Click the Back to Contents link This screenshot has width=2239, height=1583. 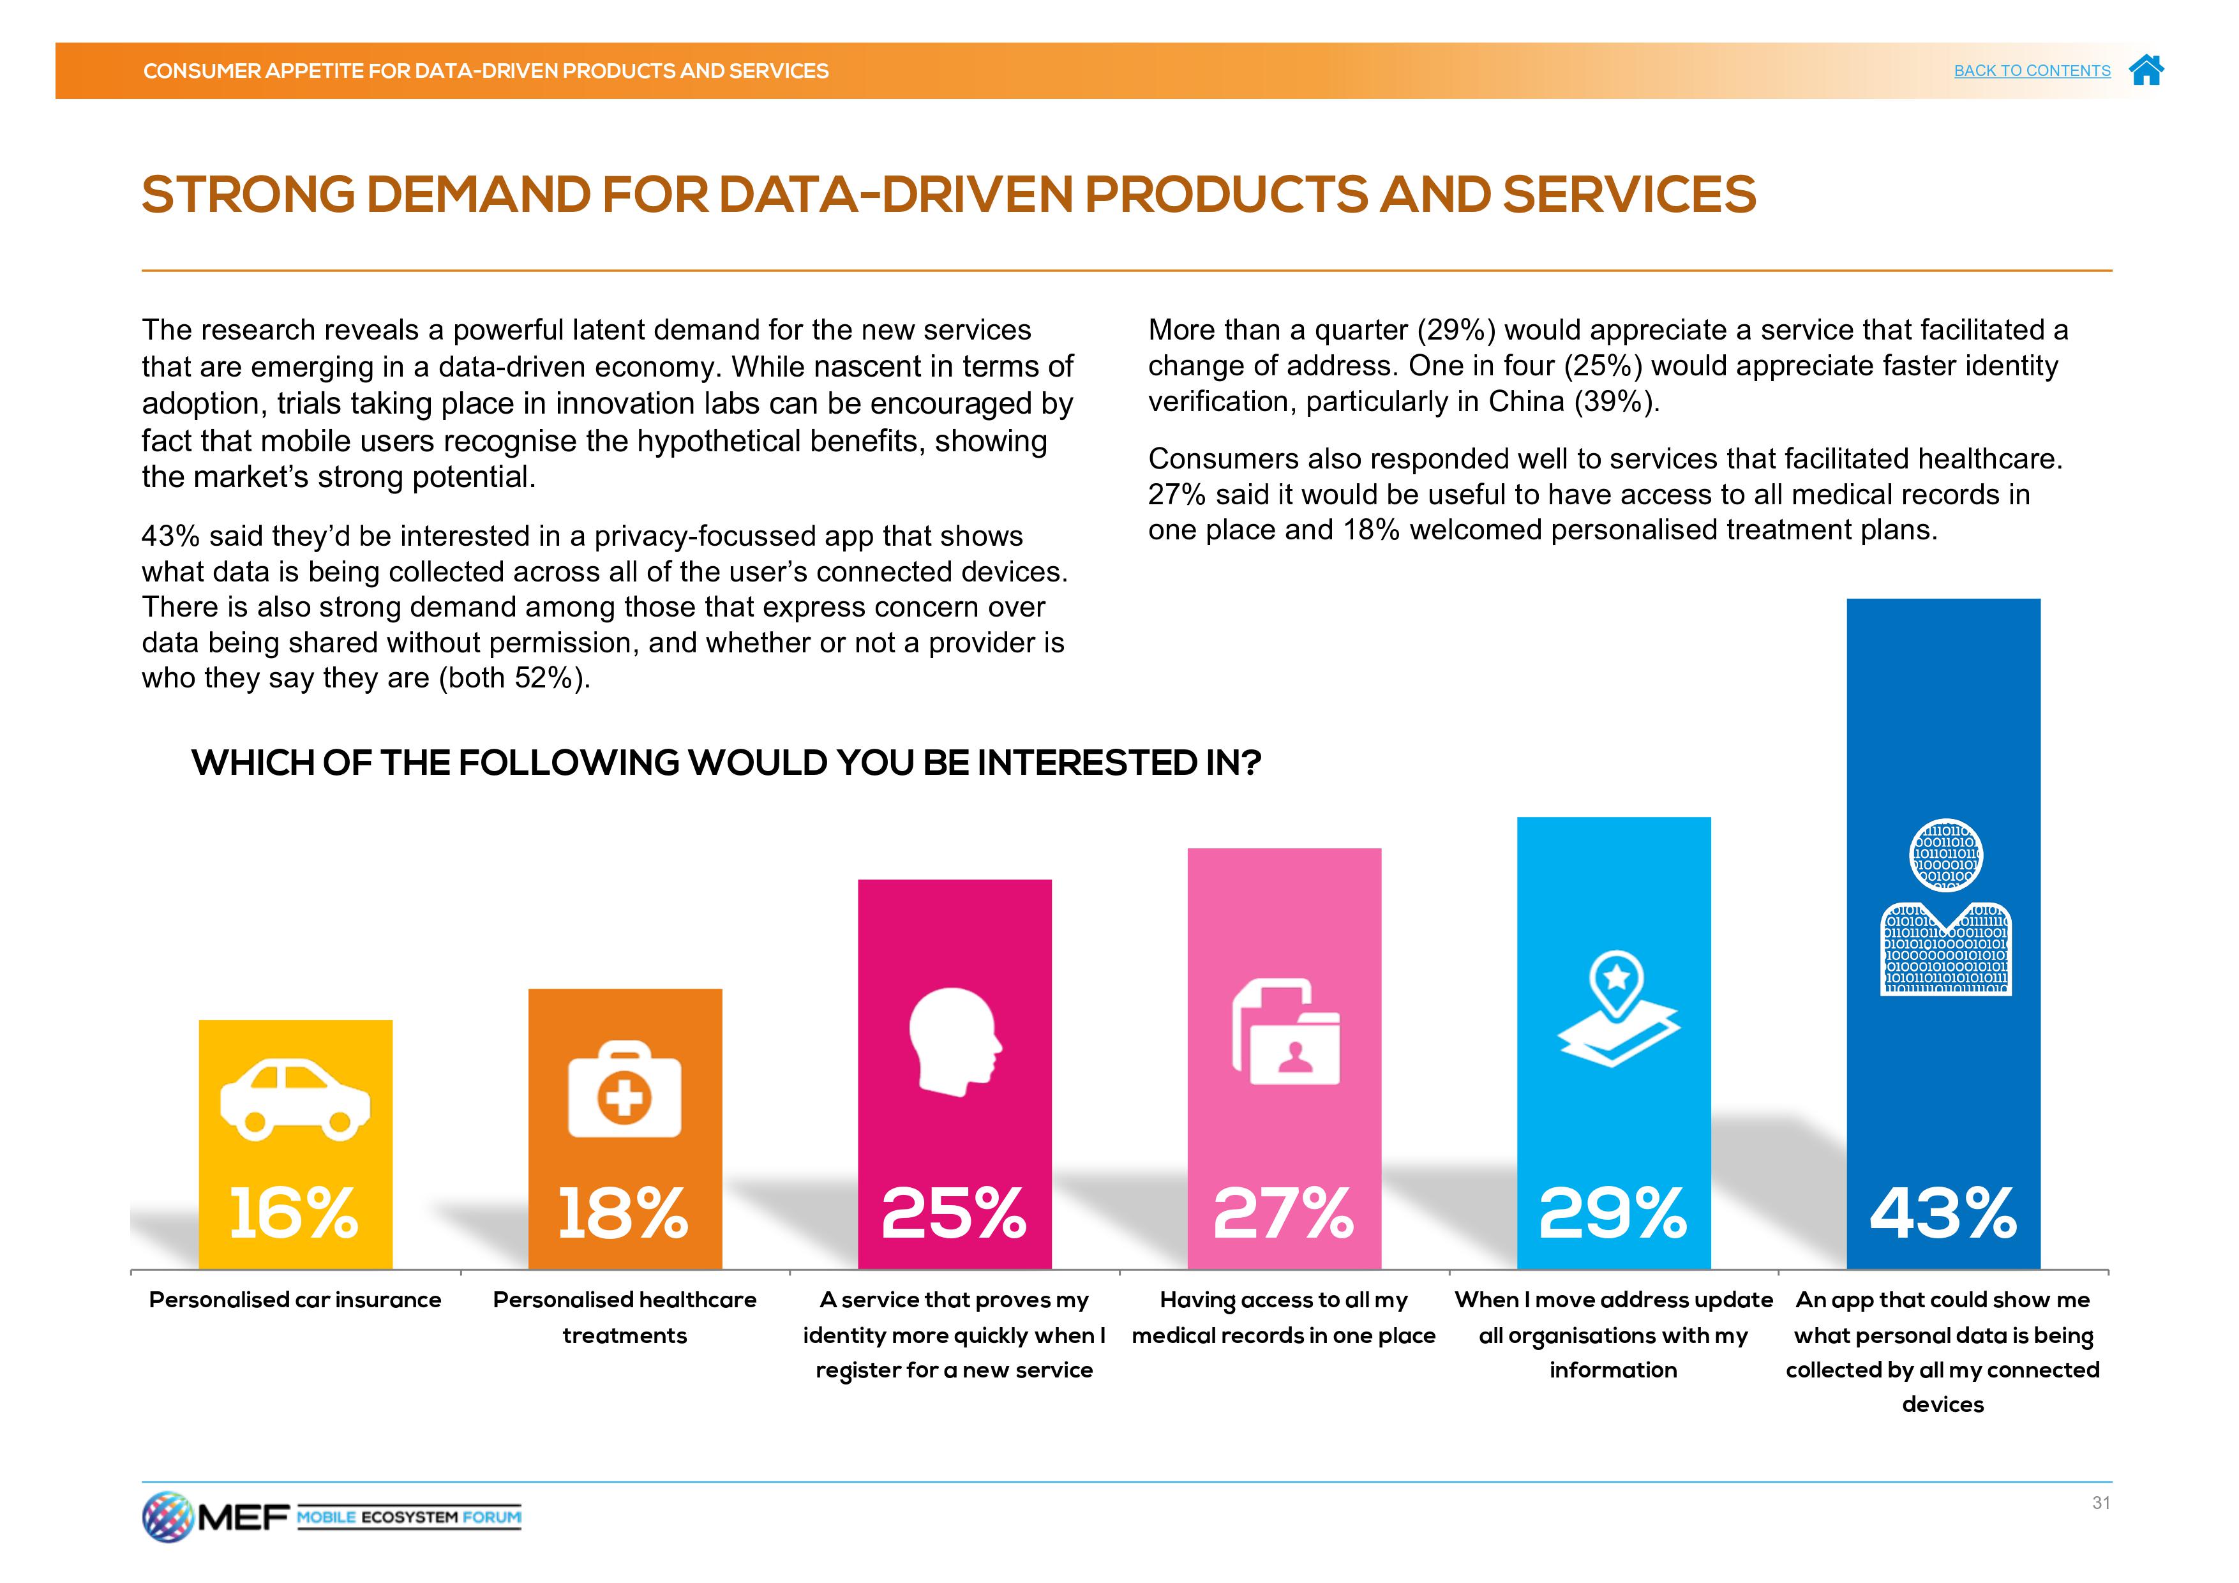click(x=2032, y=70)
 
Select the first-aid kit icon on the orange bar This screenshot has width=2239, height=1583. click(x=624, y=1090)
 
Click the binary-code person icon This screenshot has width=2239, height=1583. click(x=1945, y=907)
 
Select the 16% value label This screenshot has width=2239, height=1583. click(x=294, y=1214)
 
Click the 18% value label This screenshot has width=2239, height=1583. click(x=623, y=1214)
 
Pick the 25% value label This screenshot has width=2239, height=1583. click(x=954, y=1214)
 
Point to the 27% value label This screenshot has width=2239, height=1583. click(x=1284, y=1214)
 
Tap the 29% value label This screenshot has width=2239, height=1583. click(x=1613, y=1214)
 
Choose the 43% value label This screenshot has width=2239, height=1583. click(x=1943, y=1214)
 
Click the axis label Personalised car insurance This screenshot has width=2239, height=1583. click(x=294, y=1300)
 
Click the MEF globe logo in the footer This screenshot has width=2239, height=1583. click(x=168, y=1517)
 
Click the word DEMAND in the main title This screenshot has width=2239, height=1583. click(x=478, y=195)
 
